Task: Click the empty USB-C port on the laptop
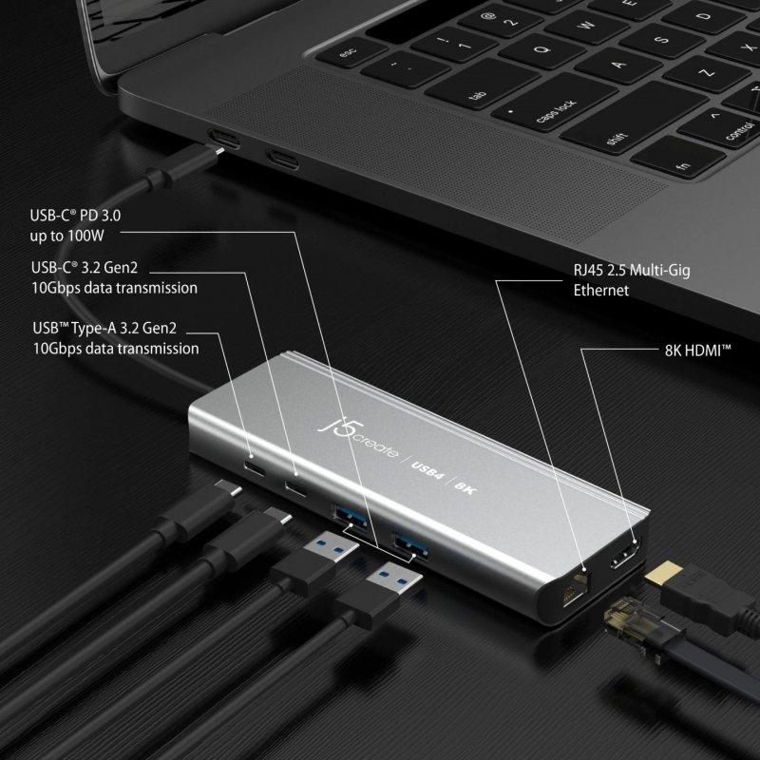pos(282,158)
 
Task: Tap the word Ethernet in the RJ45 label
pos(600,291)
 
